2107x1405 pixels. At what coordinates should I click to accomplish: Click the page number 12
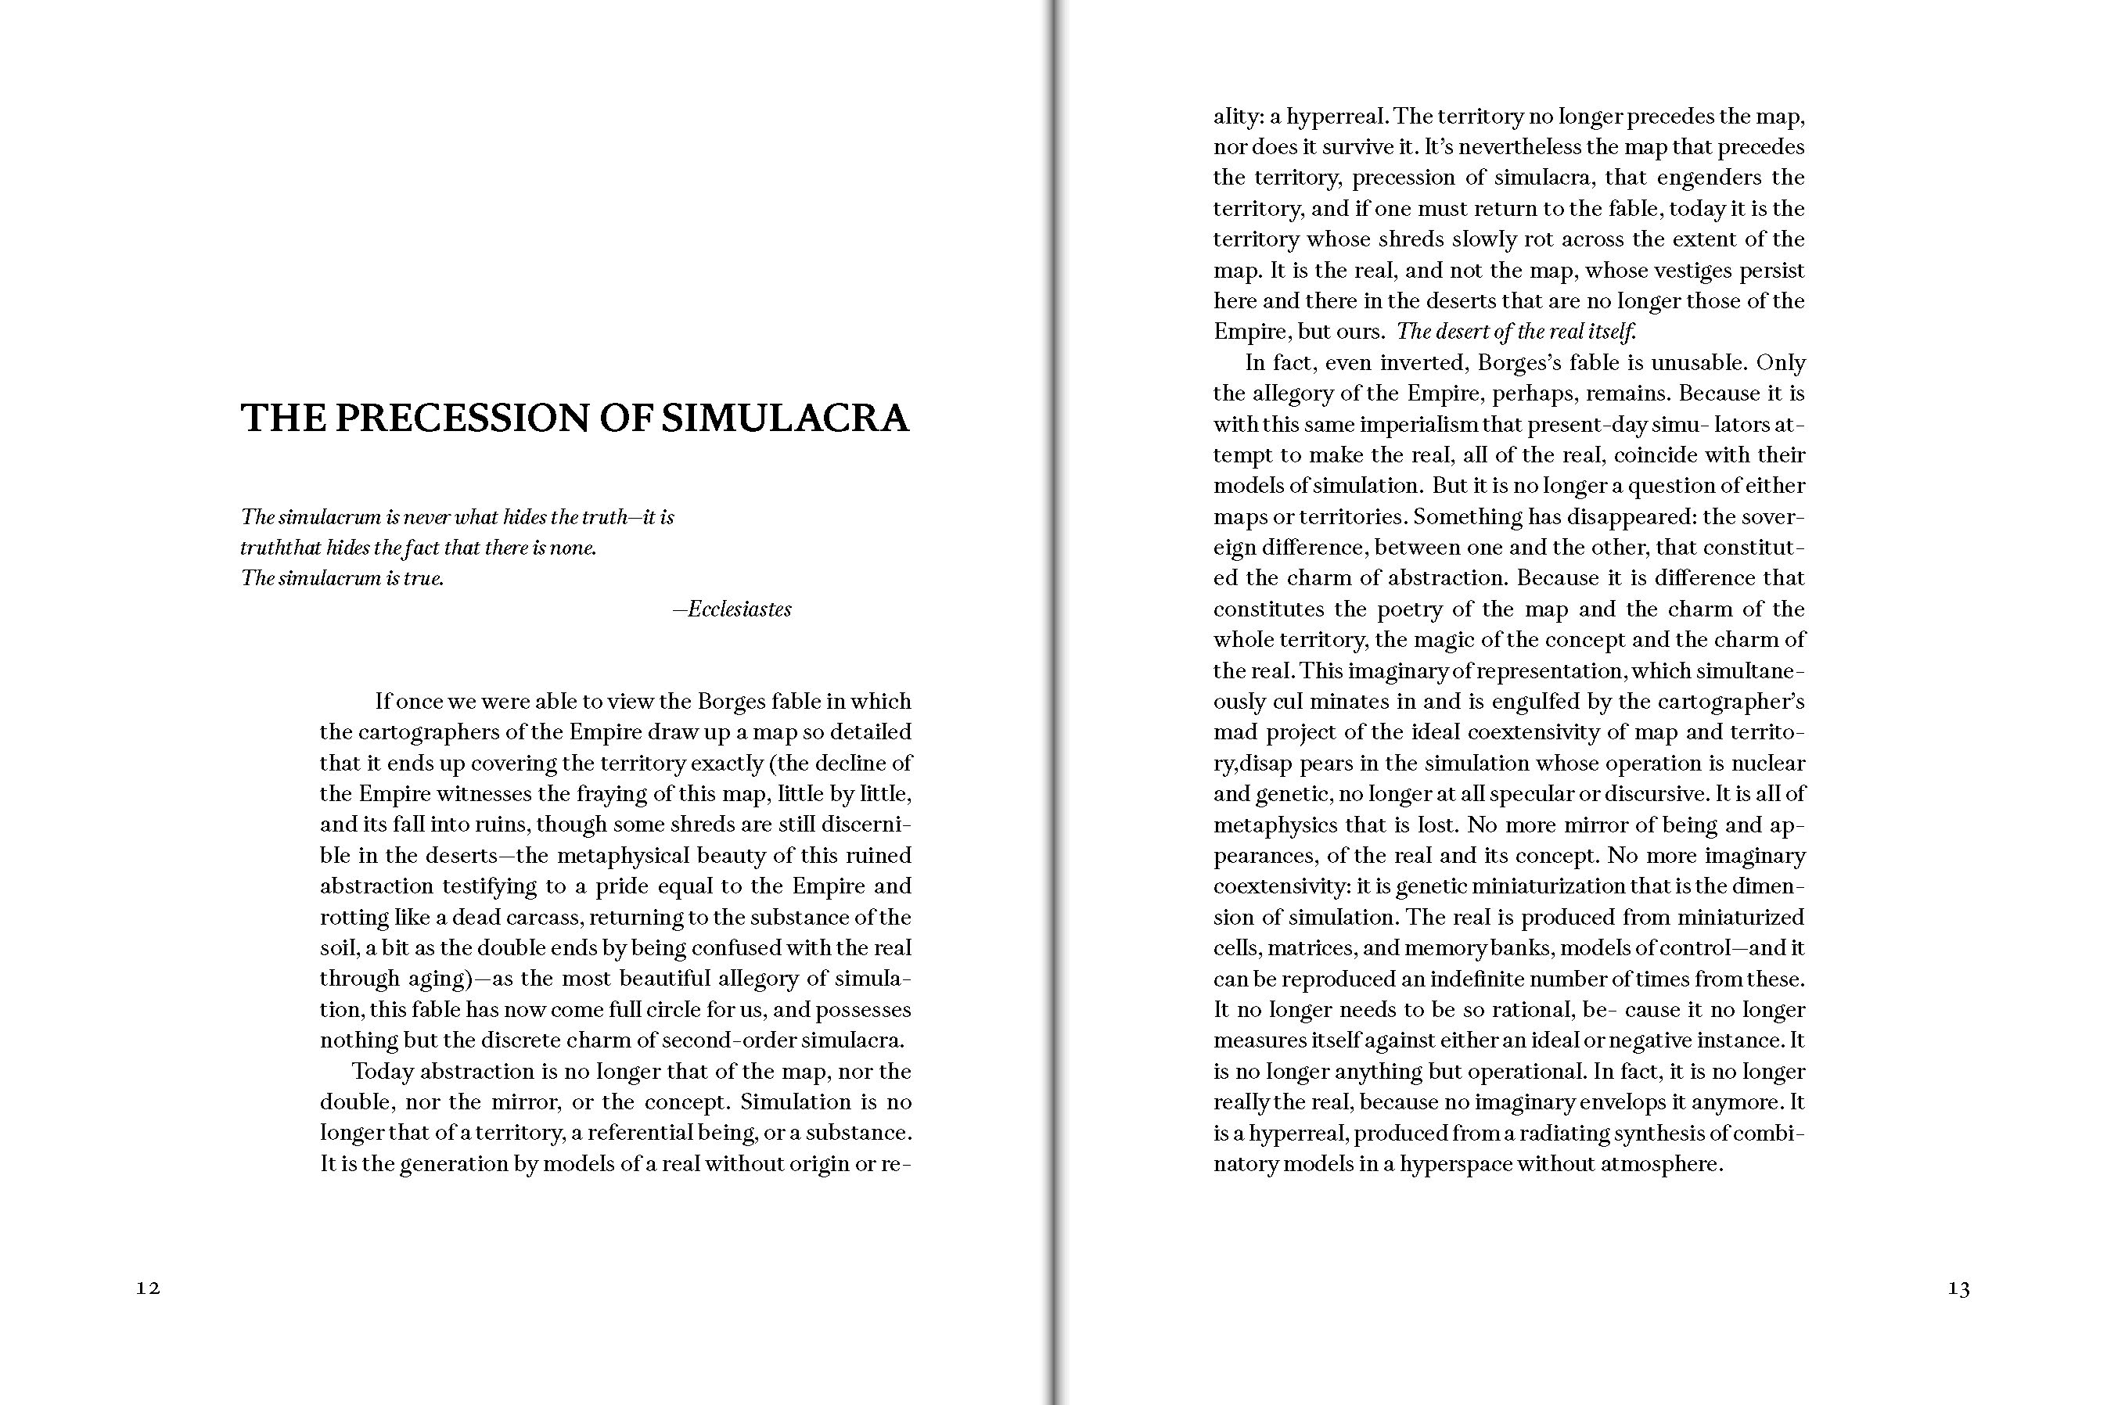[148, 1288]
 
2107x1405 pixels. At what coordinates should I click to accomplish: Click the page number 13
[1958, 1288]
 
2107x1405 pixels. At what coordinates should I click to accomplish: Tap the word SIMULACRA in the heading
[785, 419]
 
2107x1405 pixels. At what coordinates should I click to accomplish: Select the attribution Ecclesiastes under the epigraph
[739, 609]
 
